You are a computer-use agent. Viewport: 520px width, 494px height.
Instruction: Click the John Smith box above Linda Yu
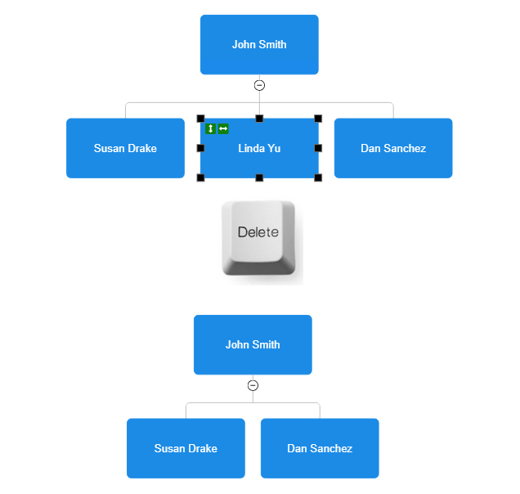(259, 45)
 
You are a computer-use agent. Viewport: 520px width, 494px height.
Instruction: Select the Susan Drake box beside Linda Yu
(125, 148)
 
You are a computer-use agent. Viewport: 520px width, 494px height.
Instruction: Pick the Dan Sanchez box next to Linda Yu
(393, 148)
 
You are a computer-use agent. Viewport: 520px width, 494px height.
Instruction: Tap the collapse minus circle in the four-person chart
(259, 85)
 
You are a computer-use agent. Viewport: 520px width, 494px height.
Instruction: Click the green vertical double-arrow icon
(210, 128)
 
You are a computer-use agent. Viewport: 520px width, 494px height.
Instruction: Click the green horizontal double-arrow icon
(223, 128)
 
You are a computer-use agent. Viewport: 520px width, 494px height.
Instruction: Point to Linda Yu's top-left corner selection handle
(200, 119)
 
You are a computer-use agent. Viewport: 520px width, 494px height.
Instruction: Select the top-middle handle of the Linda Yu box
(259, 119)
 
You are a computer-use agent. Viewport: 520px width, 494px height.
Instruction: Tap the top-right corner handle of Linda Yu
(318, 119)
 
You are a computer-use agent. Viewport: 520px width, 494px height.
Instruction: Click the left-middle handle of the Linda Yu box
(200, 148)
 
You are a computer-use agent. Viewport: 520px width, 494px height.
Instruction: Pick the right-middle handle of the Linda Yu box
(318, 148)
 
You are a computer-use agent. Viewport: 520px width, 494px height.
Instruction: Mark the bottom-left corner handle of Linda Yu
(200, 177)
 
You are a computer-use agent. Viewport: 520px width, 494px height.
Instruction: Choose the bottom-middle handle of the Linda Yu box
(259, 177)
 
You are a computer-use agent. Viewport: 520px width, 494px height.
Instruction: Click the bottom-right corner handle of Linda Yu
(318, 177)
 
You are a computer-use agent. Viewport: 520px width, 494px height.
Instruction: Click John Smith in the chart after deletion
(253, 345)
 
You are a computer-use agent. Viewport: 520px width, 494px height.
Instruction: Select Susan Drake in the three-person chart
(186, 448)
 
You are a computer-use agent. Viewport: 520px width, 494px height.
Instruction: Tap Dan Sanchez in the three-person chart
(320, 448)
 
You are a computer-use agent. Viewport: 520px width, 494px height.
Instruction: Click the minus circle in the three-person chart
(253, 385)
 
